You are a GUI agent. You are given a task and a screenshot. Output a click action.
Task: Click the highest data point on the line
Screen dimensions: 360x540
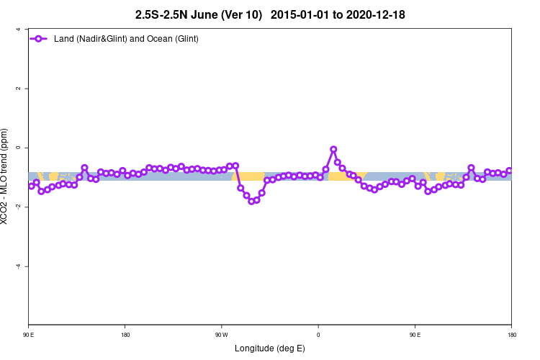[333, 149]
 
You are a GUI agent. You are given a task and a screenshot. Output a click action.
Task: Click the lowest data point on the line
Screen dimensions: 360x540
[251, 201]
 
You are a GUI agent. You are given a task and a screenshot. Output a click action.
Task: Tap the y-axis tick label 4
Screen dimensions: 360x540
[17, 30]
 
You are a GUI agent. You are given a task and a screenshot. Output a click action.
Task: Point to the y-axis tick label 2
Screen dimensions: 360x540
[17, 89]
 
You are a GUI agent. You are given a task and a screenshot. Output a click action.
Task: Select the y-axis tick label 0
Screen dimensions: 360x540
[17, 148]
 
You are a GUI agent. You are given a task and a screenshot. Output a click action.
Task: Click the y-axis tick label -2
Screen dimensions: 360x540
[16, 207]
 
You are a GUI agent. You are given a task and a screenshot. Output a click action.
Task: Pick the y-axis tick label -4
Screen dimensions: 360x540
[16, 266]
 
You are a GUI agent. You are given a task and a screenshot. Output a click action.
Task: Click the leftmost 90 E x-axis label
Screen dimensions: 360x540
[29, 335]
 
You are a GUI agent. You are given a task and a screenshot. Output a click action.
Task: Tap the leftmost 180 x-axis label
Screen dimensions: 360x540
[125, 335]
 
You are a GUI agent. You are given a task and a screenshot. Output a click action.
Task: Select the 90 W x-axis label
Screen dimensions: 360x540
[222, 335]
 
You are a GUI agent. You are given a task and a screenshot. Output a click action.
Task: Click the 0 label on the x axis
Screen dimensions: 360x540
[318, 335]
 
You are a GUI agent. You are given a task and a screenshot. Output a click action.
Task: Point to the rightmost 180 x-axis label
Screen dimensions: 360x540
[511, 335]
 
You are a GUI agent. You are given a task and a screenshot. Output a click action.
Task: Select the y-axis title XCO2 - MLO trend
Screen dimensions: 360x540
[6, 176]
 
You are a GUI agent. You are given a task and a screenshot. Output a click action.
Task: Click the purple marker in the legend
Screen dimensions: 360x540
[40, 38]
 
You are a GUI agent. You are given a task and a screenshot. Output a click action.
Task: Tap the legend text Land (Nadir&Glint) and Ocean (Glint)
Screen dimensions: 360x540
[126, 38]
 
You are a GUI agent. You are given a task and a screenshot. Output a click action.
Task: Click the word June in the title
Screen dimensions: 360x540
[203, 14]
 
